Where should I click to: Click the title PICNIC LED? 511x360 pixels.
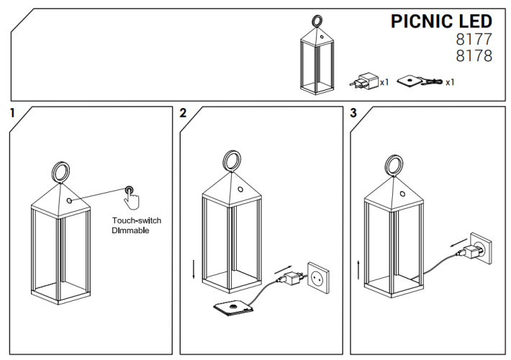point(441,21)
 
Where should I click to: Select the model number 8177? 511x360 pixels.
point(475,40)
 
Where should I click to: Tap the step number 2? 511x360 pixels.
point(183,113)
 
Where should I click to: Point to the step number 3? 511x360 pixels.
point(353,113)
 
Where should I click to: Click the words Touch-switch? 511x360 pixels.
point(137,220)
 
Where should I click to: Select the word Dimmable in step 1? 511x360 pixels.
point(130,231)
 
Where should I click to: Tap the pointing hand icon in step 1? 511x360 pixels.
point(132,195)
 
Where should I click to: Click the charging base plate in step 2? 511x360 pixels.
point(232,309)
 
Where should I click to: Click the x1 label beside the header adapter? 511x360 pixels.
point(384,82)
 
